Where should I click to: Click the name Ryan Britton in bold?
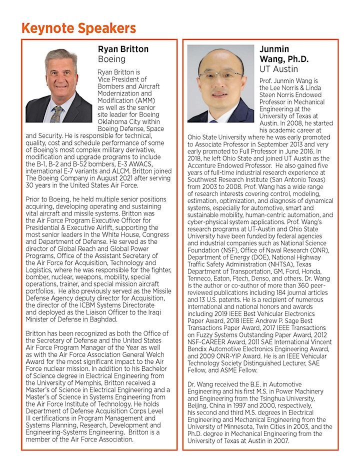pyautogui.click(x=123, y=49)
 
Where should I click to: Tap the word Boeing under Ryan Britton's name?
pyautogui.click(x=111, y=59)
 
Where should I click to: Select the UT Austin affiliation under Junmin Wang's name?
pyautogui.click(x=278, y=69)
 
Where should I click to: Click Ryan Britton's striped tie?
pyautogui.click(x=56, y=114)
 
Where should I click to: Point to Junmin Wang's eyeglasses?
pyautogui.click(x=220, y=76)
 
